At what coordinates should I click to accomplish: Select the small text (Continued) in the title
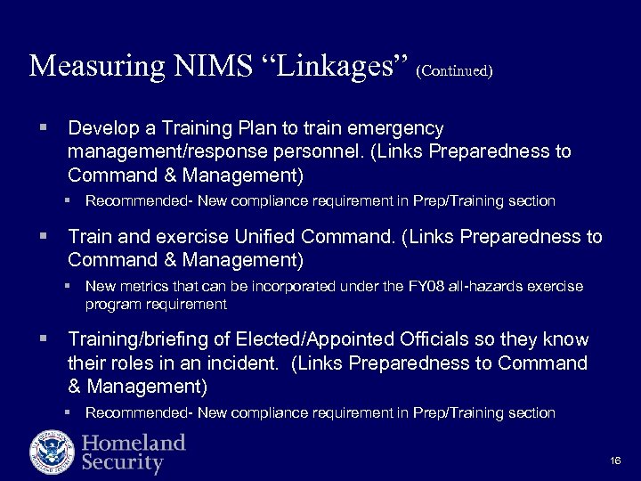[453, 70]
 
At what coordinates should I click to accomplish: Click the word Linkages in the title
[327, 66]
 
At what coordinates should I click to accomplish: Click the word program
[111, 304]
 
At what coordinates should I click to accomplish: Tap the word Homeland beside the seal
[134, 443]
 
